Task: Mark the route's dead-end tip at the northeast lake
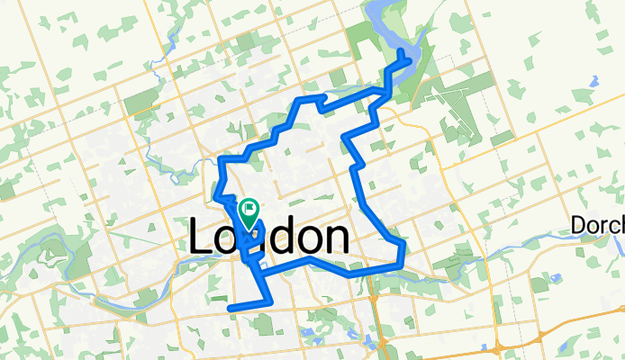point(402,51)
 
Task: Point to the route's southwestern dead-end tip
point(231,309)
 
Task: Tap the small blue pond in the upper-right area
point(594,79)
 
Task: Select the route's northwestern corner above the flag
point(222,160)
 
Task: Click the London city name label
point(269,238)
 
